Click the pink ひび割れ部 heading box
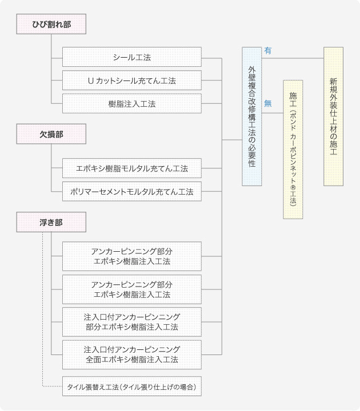[51, 24]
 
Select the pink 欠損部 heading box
[51, 134]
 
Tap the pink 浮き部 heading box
[51, 222]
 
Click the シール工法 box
[132, 58]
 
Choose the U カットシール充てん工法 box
[132, 80]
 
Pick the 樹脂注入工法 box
[132, 103]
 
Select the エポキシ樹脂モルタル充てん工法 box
[132, 168]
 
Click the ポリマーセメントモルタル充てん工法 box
[132, 192]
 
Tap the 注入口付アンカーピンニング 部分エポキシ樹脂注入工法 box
[132, 322]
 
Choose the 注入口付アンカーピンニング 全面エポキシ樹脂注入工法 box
[132, 354]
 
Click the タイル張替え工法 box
[132, 386]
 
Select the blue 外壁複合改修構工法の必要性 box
[251, 116]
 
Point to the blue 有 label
[268, 51]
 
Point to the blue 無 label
[268, 103]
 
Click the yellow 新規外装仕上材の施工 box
[333, 116]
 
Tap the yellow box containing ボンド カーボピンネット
[293, 150]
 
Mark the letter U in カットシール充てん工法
[90, 81]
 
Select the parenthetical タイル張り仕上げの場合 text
[158, 387]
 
